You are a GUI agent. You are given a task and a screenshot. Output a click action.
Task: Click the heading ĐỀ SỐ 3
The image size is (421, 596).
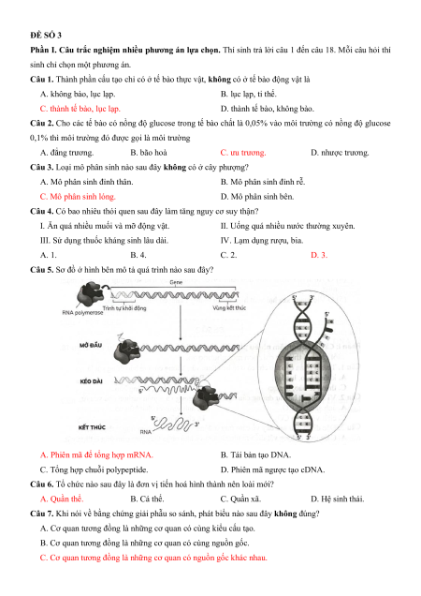click(46, 36)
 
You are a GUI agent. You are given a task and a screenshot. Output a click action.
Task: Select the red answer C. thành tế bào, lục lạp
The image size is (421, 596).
click(80, 109)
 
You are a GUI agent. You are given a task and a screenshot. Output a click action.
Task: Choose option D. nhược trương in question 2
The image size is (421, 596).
click(340, 153)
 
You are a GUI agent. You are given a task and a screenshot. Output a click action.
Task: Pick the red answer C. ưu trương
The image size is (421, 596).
click(243, 153)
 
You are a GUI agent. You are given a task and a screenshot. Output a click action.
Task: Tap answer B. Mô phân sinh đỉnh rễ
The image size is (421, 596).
click(263, 182)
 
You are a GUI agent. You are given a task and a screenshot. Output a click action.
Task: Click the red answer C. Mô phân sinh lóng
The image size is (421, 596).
click(78, 197)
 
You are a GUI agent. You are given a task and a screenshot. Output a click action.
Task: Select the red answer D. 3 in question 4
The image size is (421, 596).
click(319, 255)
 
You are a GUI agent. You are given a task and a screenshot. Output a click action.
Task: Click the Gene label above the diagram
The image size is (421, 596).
click(176, 282)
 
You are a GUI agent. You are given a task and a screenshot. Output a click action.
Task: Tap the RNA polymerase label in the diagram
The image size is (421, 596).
click(82, 312)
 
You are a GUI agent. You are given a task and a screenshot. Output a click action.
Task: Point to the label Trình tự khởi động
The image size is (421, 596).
click(124, 308)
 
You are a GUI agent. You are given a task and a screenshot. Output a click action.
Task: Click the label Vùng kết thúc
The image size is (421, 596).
click(229, 307)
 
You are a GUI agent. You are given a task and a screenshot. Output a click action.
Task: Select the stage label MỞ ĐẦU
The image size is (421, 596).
click(91, 345)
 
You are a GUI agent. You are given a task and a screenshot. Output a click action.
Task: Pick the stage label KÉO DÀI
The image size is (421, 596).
click(91, 381)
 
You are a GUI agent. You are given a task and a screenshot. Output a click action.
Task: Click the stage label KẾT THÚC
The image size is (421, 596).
click(92, 427)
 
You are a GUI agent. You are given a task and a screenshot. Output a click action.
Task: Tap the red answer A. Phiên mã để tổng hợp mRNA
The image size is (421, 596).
click(96, 455)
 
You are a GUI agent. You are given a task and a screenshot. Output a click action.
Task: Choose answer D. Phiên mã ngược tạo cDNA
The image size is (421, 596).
click(272, 469)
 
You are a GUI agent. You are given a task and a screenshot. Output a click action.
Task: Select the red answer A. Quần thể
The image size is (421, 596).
click(62, 499)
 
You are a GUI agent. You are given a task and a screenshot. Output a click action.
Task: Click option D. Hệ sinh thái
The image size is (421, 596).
click(337, 499)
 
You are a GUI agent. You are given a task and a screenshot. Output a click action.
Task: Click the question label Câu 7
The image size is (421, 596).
click(42, 514)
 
